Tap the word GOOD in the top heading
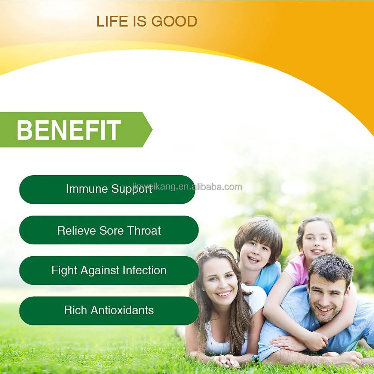(x=175, y=22)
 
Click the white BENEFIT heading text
(x=68, y=130)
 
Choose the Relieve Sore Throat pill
(x=109, y=230)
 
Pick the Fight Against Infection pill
(x=109, y=270)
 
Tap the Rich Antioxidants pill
(x=109, y=310)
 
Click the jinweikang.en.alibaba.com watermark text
(x=187, y=186)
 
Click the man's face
(x=323, y=295)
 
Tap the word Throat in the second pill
(x=144, y=231)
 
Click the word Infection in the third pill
(x=145, y=270)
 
